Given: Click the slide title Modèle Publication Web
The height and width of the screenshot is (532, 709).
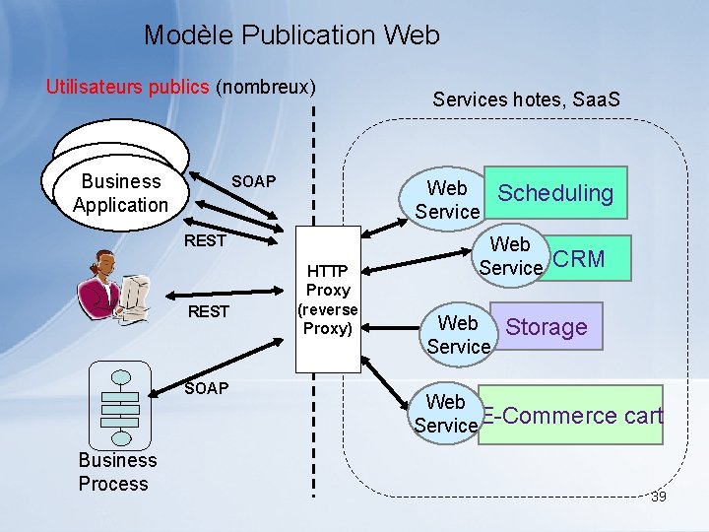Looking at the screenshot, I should coord(291,35).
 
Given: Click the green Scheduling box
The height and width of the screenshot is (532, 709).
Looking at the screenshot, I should coord(555,193).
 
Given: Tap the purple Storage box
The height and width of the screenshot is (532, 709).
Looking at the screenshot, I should coord(546,327).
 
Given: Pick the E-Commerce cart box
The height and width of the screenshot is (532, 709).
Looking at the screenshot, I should coord(571,416).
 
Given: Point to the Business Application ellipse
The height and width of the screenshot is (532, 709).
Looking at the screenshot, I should coord(120,193).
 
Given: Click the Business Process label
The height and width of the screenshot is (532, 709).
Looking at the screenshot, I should coord(117,472).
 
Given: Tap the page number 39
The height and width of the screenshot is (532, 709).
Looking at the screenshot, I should coord(658,497).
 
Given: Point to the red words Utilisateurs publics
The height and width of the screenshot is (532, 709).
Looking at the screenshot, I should coord(128,87).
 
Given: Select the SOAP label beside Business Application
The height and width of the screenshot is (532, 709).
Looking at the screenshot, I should coord(253,181).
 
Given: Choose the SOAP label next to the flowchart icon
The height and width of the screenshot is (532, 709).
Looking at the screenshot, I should coord(206,388).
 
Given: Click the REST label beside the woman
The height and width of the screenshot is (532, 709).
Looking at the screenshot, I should coord(209,312).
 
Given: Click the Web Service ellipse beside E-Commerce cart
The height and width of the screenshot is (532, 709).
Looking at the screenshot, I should coord(445,414).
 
